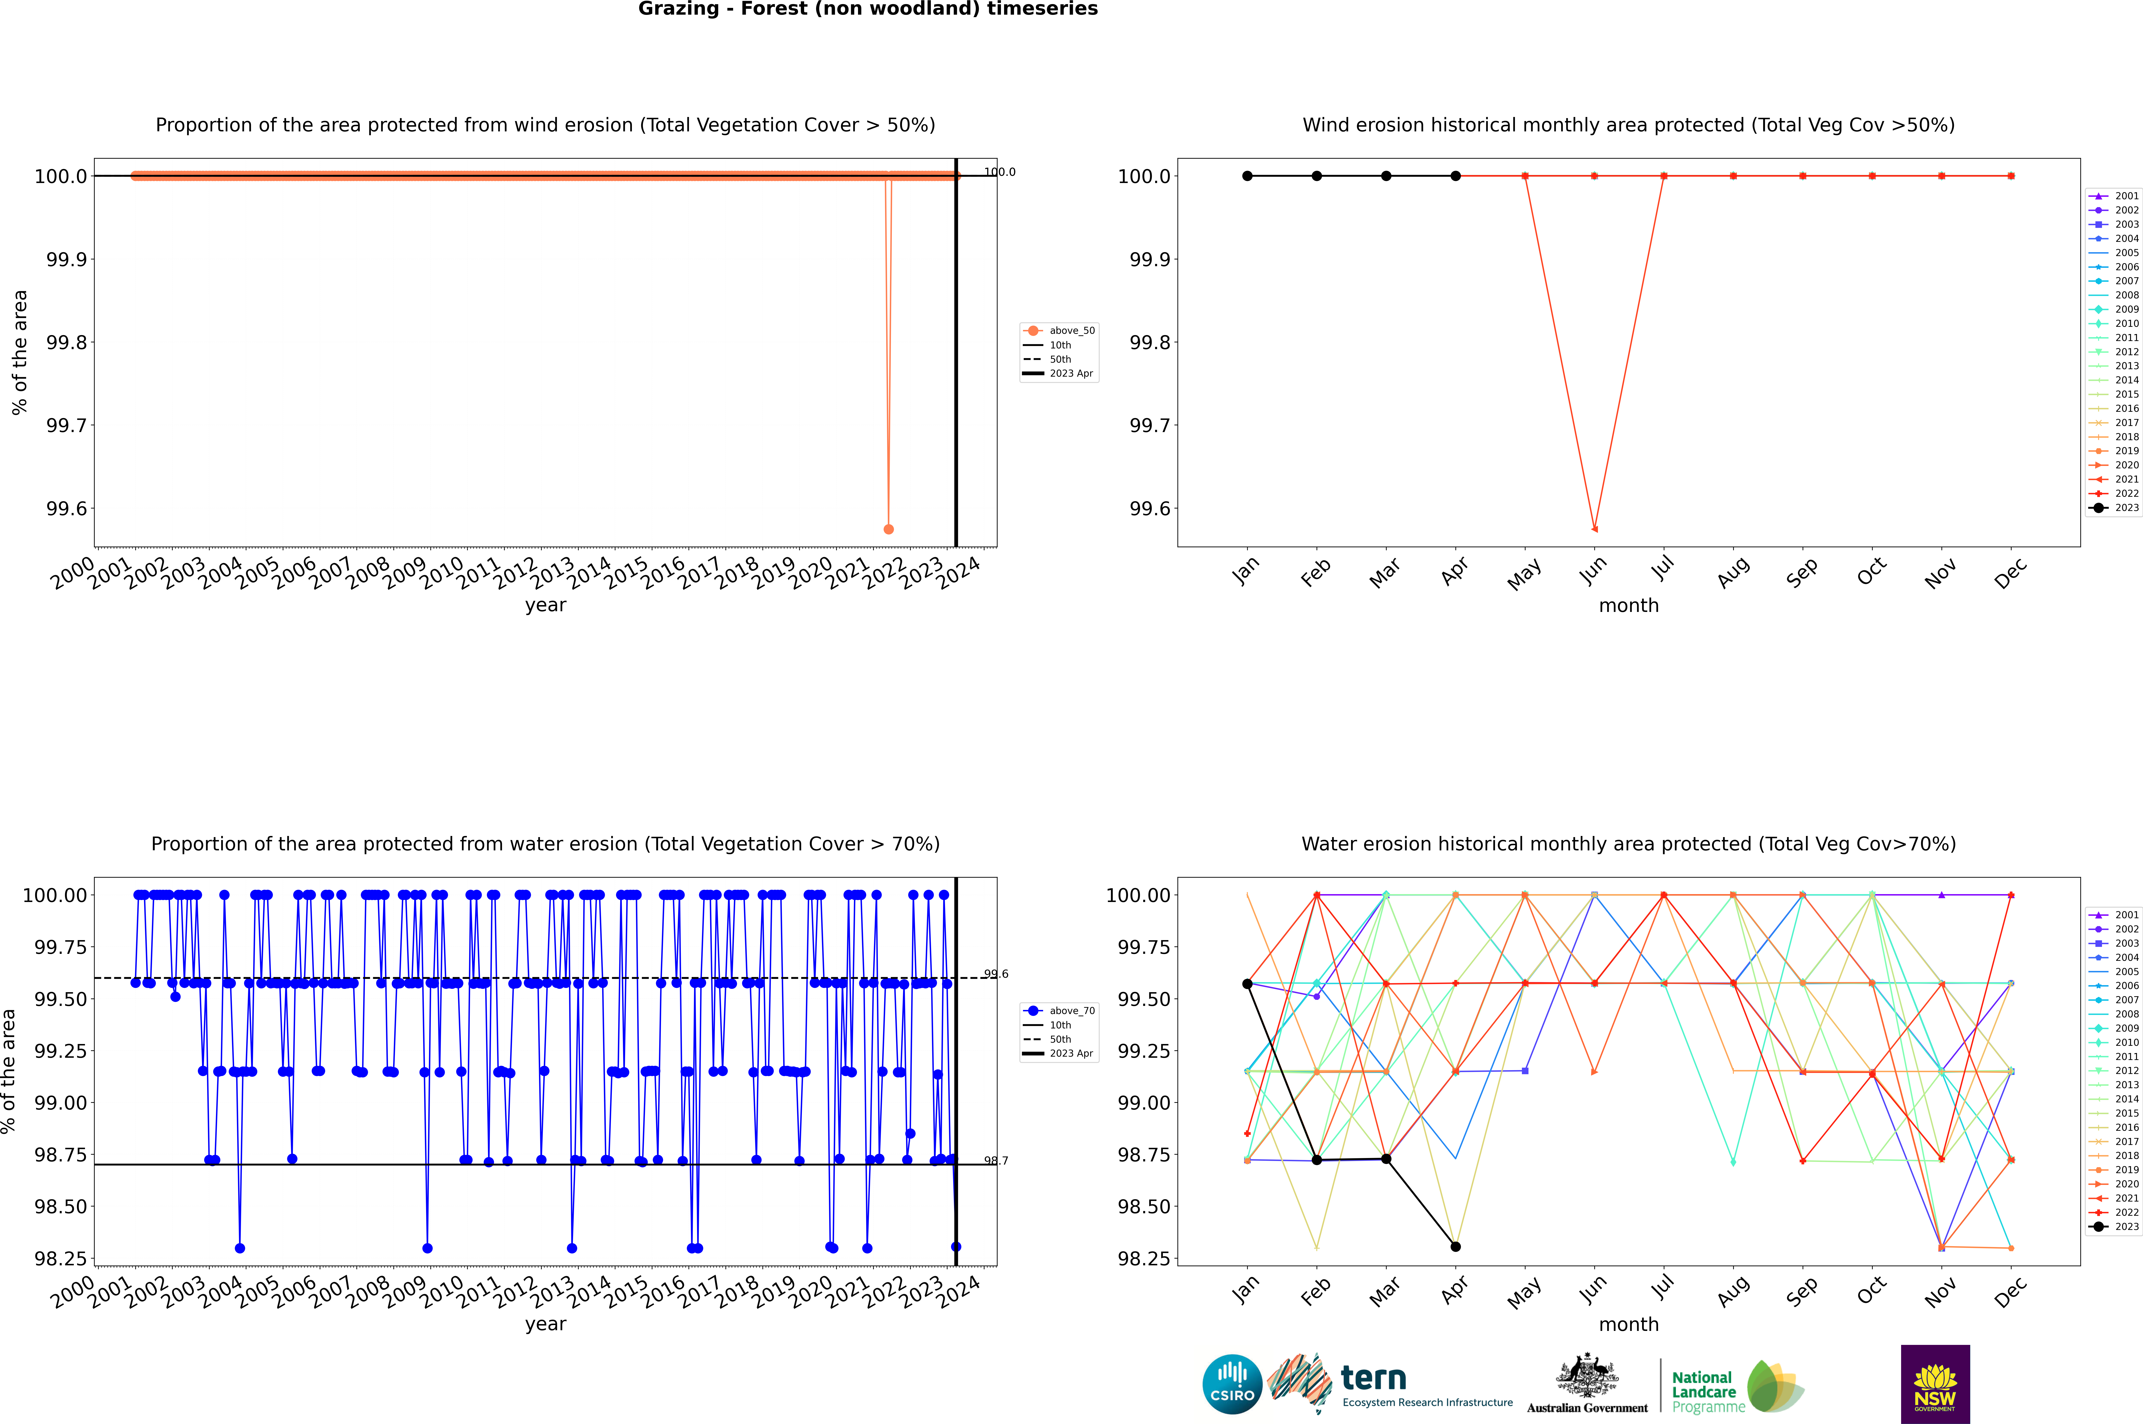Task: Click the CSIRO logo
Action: click(1232, 1384)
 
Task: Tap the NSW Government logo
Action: click(1935, 1384)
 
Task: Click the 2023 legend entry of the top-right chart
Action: click(2117, 508)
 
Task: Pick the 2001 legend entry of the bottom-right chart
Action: click(2117, 915)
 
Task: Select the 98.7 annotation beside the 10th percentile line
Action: click(996, 1161)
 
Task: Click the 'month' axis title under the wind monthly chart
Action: click(1628, 606)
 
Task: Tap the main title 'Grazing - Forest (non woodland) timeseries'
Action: click(867, 9)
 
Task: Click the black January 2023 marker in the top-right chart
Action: click(1247, 176)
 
